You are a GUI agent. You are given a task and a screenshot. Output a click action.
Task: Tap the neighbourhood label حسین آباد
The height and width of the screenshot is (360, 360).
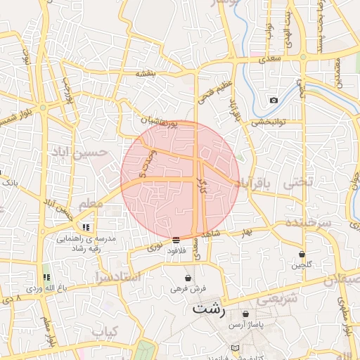pyautogui.click(x=78, y=151)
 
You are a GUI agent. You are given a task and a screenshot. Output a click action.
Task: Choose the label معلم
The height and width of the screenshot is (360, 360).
pyautogui.click(x=91, y=204)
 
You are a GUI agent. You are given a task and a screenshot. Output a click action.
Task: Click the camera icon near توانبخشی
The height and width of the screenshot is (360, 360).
pyautogui.click(x=274, y=100)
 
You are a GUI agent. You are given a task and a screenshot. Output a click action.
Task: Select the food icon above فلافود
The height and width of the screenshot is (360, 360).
pyautogui.click(x=175, y=240)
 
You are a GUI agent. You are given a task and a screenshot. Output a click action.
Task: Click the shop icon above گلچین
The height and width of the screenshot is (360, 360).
pyautogui.click(x=302, y=254)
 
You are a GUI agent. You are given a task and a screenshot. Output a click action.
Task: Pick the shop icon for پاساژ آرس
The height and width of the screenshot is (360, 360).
pyautogui.click(x=245, y=314)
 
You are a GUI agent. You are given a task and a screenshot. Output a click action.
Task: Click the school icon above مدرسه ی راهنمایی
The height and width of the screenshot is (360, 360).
pyautogui.click(x=86, y=227)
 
